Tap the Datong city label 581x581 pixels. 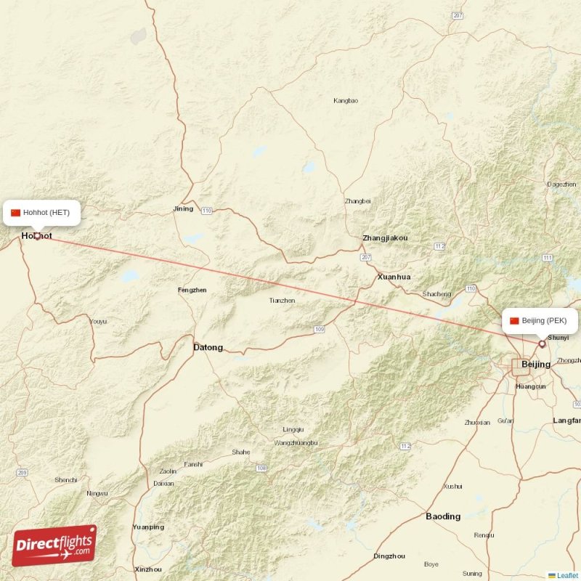pos(208,347)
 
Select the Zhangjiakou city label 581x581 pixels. pos(385,238)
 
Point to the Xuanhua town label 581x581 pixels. pos(394,277)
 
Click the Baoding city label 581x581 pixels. pos(443,516)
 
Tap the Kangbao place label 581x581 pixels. pos(345,100)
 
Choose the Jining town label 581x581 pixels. pos(183,209)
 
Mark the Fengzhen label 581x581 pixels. pos(192,290)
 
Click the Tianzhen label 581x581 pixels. pos(282,300)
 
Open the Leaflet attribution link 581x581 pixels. pos(567,575)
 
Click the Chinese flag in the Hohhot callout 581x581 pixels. pos(15,213)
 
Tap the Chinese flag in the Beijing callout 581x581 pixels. pos(514,320)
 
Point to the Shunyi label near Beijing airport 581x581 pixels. pos(558,338)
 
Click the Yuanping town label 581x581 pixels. pos(148,527)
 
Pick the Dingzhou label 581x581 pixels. pos(389,556)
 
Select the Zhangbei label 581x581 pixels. pos(357,201)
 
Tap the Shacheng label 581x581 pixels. pos(436,294)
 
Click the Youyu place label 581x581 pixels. pos(98,321)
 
